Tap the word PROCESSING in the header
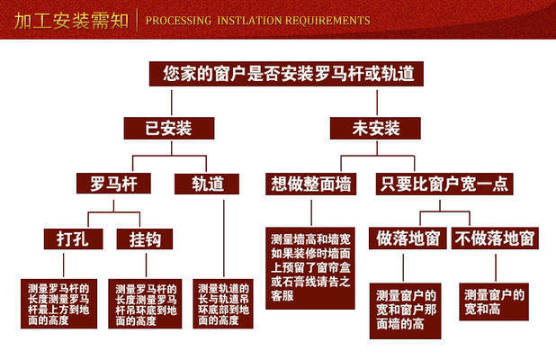coord(178,20)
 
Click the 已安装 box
coord(170,128)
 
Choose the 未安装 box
coord(376,128)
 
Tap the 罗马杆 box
coord(113,184)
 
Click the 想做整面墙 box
coord(312,184)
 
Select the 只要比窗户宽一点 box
coord(443,184)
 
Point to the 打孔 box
coord(68,238)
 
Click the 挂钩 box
coord(144,238)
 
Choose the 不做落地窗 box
coord(494,238)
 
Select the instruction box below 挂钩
coord(145,303)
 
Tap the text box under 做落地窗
coord(407,309)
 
